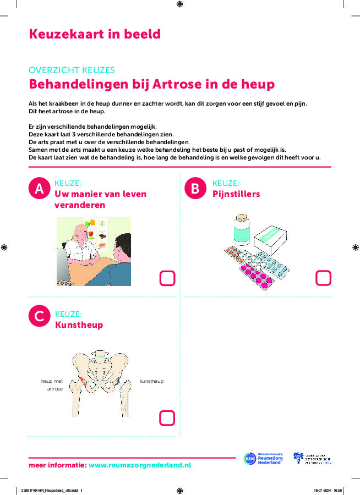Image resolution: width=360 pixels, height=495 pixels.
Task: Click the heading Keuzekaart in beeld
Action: pyautogui.click(x=95, y=34)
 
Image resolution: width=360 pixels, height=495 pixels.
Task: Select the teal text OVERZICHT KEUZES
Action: pyautogui.click(x=72, y=70)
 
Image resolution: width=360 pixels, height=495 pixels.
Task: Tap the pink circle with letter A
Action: pyautogui.click(x=39, y=189)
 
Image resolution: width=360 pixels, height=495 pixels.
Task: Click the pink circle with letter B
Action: pyautogui.click(x=195, y=189)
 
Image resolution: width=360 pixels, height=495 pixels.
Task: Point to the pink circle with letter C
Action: pyautogui.click(x=39, y=316)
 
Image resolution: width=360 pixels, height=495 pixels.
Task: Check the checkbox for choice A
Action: pyautogui.click(x=167, y=278)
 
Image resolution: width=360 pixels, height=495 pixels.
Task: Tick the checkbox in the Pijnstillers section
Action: pyautogui.click(x=323, y=278)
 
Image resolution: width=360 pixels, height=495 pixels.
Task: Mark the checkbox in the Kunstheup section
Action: pyautogui.click(x=167, y=418)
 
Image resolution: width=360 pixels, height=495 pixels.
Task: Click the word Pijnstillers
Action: pyautogui.click(x=236, y=194)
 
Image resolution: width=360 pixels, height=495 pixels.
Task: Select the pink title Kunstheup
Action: pyautogui.click(x=79, y=325)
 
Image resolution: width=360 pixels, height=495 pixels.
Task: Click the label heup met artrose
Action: pyautogui.click(x=52, y=384)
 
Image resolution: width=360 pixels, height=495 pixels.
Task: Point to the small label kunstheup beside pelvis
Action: pyautogui.click(x=151, y=381)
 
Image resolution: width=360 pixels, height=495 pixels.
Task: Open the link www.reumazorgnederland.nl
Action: pyautogui.click(x=140, y=465)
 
